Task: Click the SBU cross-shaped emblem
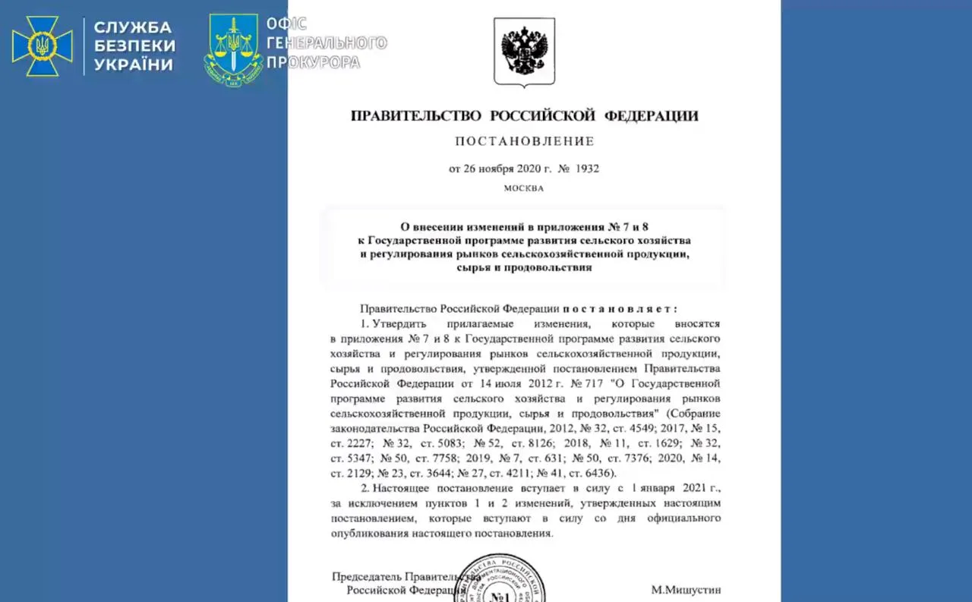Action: (42, 46)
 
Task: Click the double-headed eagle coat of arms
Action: (524, 49)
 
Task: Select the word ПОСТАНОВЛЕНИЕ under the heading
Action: (525, 141)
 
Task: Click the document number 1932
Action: (586, 169)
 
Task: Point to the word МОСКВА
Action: (524, 188)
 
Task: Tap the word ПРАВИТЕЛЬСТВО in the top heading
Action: (416, 116)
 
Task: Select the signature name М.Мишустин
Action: (686, 589)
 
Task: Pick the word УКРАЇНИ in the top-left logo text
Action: (134, 65)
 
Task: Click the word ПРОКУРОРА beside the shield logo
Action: (313, 62)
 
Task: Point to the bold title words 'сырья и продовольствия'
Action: (525, 267)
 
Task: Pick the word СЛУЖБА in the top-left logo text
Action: (134, 27)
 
